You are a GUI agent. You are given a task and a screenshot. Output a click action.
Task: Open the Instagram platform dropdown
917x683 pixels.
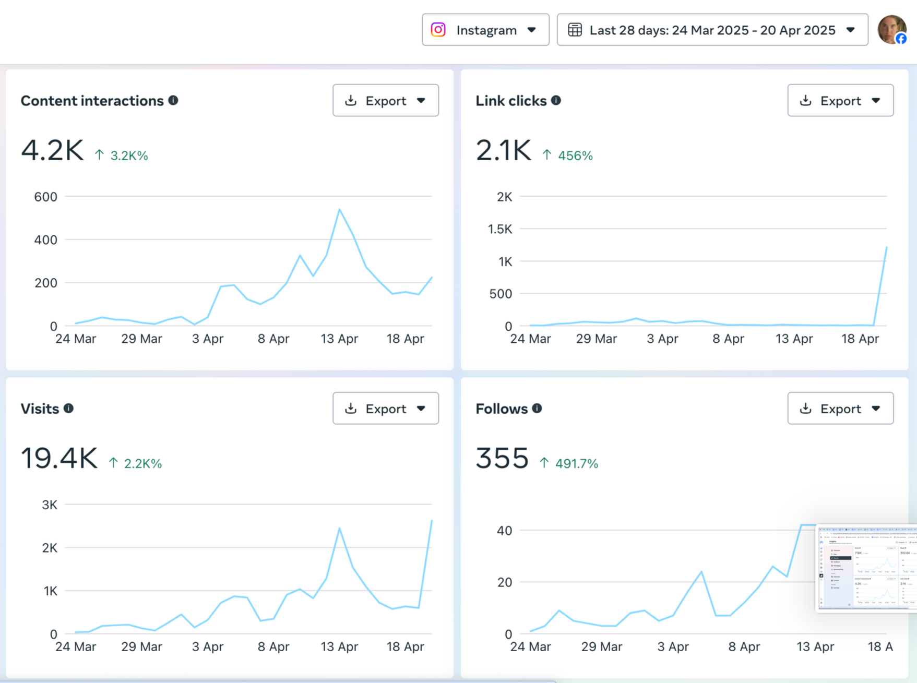485,30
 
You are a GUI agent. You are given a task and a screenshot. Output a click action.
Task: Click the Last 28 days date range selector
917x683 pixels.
712,30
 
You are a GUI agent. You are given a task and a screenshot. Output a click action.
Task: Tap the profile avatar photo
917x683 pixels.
891,29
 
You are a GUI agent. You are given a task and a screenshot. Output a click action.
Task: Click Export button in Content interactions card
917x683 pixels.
385,100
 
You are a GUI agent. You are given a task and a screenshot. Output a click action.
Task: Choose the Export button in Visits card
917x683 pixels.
385,408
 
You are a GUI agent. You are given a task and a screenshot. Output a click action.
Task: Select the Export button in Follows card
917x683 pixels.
840,408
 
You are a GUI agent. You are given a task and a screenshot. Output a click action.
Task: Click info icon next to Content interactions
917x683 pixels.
173,100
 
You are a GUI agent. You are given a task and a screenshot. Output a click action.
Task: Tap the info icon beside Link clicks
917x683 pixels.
556,100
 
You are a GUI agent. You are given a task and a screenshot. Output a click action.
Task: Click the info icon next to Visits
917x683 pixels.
68,408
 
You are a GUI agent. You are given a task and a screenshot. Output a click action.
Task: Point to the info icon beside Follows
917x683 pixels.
537,408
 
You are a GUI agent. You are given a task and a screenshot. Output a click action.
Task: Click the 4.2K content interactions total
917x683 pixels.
52,151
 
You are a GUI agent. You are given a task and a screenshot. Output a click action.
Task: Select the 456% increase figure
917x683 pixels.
575,155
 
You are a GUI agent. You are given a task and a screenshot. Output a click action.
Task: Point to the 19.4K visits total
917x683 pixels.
59,459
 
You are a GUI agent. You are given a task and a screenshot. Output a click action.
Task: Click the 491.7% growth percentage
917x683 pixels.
576,463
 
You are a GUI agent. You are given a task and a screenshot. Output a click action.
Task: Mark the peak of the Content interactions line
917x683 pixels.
339,209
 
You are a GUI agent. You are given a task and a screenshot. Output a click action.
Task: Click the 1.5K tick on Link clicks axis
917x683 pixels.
500,229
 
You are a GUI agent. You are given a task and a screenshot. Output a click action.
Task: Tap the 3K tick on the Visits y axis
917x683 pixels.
50,505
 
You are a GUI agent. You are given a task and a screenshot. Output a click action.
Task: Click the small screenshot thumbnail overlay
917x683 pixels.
866,568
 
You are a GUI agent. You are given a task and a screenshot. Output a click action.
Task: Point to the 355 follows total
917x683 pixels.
502,459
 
